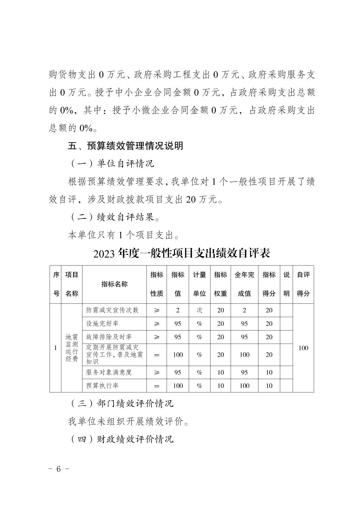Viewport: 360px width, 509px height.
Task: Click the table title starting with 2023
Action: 182,253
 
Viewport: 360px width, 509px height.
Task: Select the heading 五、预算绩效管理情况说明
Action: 125,146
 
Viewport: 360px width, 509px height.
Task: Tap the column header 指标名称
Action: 114,284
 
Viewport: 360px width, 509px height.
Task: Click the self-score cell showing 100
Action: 303,348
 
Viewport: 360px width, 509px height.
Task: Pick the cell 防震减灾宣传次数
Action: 112,310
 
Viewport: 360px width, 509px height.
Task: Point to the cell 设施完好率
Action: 102,323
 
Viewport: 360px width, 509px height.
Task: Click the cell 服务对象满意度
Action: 109,372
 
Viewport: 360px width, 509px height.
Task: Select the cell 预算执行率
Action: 102,386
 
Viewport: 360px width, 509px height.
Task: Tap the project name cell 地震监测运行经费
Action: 71,348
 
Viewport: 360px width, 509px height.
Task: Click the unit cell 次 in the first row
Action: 199,310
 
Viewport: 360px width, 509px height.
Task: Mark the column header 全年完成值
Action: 244,284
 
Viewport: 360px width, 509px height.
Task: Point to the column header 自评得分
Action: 303,284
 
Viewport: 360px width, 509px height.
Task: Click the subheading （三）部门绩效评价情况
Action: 122,404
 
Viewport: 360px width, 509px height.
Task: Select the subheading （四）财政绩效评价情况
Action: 122,439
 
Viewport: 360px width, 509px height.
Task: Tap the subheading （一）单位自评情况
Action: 112,164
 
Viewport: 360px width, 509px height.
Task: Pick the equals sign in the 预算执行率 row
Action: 157,386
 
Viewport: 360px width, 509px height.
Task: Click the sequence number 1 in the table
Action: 55,348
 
